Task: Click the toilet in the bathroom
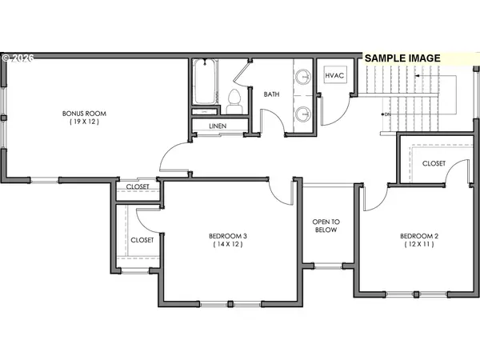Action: (x=234, y=98)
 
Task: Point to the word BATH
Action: (x=273, y=94)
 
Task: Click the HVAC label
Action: (x=334, y=75)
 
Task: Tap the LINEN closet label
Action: (x=218, y=126)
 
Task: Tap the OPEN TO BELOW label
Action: (x=325, y=225)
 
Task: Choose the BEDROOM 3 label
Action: (x=228, y=236)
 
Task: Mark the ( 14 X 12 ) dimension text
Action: (x=228, y=246)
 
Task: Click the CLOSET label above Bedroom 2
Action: (x=434, y=163)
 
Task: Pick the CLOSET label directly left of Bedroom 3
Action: (x=142, y=239)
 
